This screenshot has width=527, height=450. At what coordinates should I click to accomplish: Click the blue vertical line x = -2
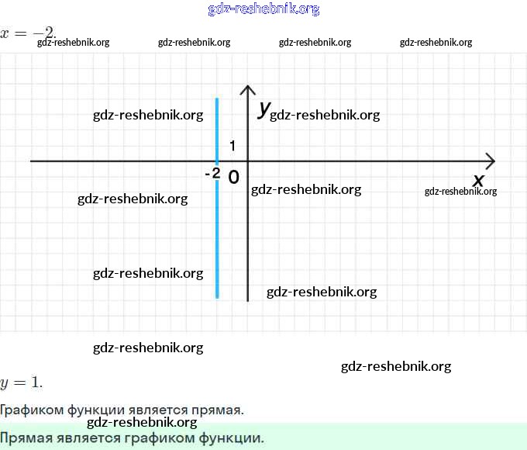coord(217,233)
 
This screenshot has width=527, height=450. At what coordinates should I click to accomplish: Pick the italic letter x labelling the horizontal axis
coord(478,180)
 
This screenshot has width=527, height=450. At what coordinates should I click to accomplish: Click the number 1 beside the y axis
coord(232,146)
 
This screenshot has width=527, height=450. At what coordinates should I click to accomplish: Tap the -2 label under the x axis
coord(212,174)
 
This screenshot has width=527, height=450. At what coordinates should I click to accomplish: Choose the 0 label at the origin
coord(233,177)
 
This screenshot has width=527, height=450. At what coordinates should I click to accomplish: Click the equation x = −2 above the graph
coord(28,33)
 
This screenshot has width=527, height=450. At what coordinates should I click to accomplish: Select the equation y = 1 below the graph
coord(21,382)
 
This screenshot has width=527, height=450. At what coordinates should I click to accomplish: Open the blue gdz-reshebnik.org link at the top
coord(263,9)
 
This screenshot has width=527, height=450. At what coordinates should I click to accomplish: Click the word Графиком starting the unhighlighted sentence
coord(29,410)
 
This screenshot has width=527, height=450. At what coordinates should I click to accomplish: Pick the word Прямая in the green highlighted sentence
coord(27,438)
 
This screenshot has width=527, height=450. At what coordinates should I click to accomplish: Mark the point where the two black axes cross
coord(247,161)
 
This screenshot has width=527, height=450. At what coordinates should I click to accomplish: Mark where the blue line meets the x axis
coord(217,161)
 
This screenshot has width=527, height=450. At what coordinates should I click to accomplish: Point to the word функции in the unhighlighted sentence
coord(91,410)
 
